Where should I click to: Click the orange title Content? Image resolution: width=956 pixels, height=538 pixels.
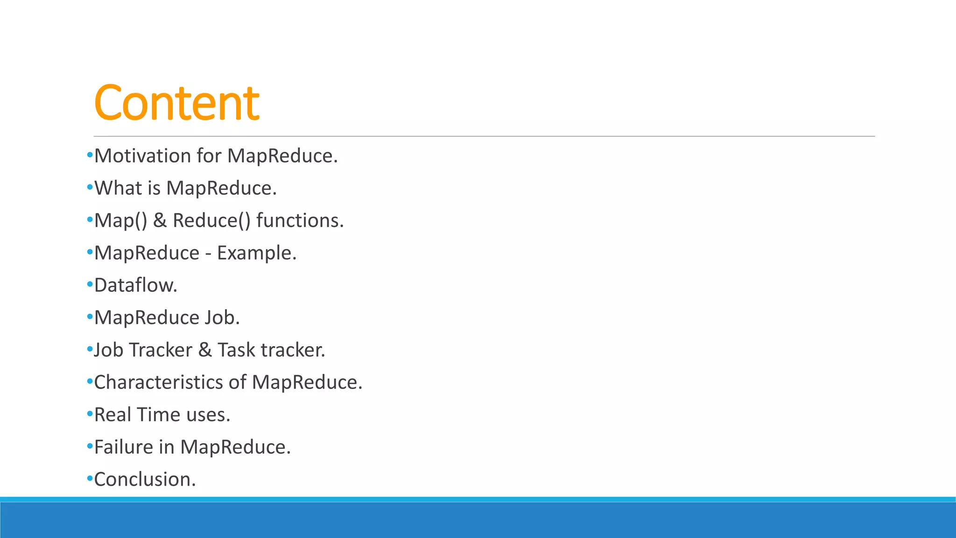pyautogui.click(x=176, y=103)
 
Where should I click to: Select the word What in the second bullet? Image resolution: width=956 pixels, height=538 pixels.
pyautogui.click(x=118, y=188)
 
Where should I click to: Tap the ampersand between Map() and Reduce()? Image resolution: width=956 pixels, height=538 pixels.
pyautogui.click(x=160, y=220)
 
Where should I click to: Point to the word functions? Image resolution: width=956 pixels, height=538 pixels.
pyautogui.click(x=300, y=220)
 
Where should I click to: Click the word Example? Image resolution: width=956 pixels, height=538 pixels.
pyautogui.click(x=256, y=253)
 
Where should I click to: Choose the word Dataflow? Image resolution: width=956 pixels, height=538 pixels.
pyautogui.click(x=135, y=285)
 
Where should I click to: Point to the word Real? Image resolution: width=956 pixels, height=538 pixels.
pyautogui.click(x=112, y=415)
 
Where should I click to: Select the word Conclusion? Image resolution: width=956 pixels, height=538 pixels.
pyautogui.click(x=145, y=480)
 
